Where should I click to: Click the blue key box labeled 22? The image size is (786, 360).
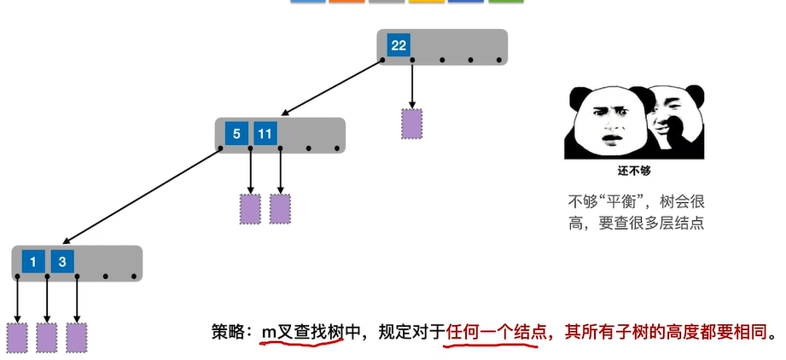(x=399, y=45)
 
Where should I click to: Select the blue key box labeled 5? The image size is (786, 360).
(x=236, y=134)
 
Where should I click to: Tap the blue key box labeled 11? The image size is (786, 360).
(x=265, y=134)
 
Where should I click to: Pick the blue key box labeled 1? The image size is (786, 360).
(x=33, y=262)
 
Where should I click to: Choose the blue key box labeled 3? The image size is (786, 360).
(x=62, y=262)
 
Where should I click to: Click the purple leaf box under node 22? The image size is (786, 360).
(x=411, y=124)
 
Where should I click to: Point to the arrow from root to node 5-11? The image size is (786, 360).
(x=331, y=88)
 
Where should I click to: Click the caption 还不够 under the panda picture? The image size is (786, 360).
(x=634, y=171)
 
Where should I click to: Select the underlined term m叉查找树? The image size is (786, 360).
(x=303, y=332)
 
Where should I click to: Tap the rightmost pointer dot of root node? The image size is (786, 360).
(x=499, y=61)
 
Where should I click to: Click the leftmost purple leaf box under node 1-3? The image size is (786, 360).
(x=17, y=338)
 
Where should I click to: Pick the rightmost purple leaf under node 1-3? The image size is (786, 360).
(x=77, y=338)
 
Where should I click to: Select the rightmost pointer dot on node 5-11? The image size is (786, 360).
(x=337, y=148)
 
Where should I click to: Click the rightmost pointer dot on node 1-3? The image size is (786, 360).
(x=134, y=276)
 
